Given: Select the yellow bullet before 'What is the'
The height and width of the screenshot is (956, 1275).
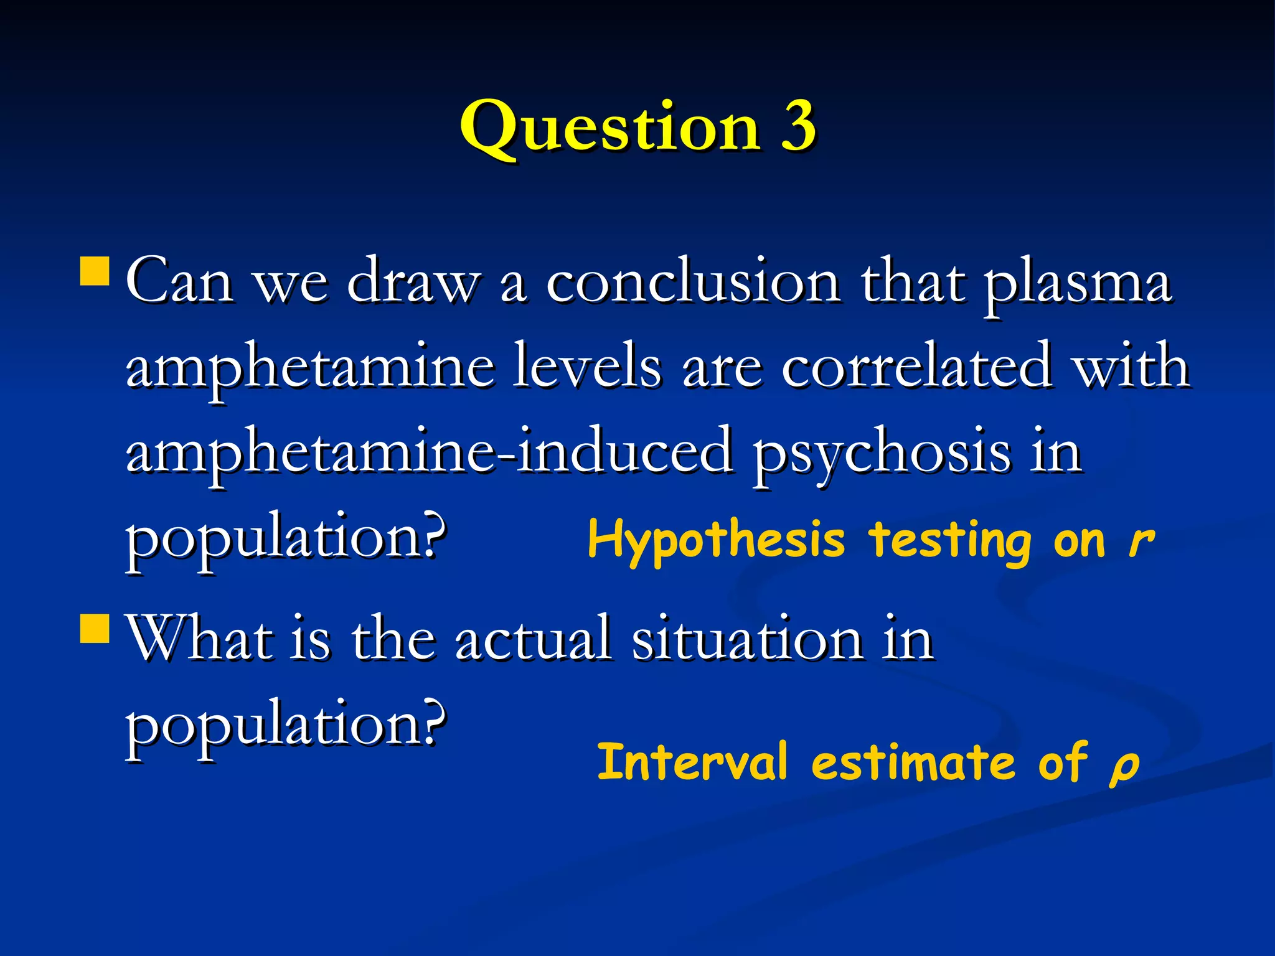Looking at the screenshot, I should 95,627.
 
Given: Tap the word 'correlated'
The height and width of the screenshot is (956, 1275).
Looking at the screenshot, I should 916,367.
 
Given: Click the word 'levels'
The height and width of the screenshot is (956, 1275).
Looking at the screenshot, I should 587,367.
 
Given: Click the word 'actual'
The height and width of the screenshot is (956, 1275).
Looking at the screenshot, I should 533,639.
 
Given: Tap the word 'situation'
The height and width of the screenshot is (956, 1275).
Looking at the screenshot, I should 747,639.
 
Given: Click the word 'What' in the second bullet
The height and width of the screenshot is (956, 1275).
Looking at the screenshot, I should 199,637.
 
